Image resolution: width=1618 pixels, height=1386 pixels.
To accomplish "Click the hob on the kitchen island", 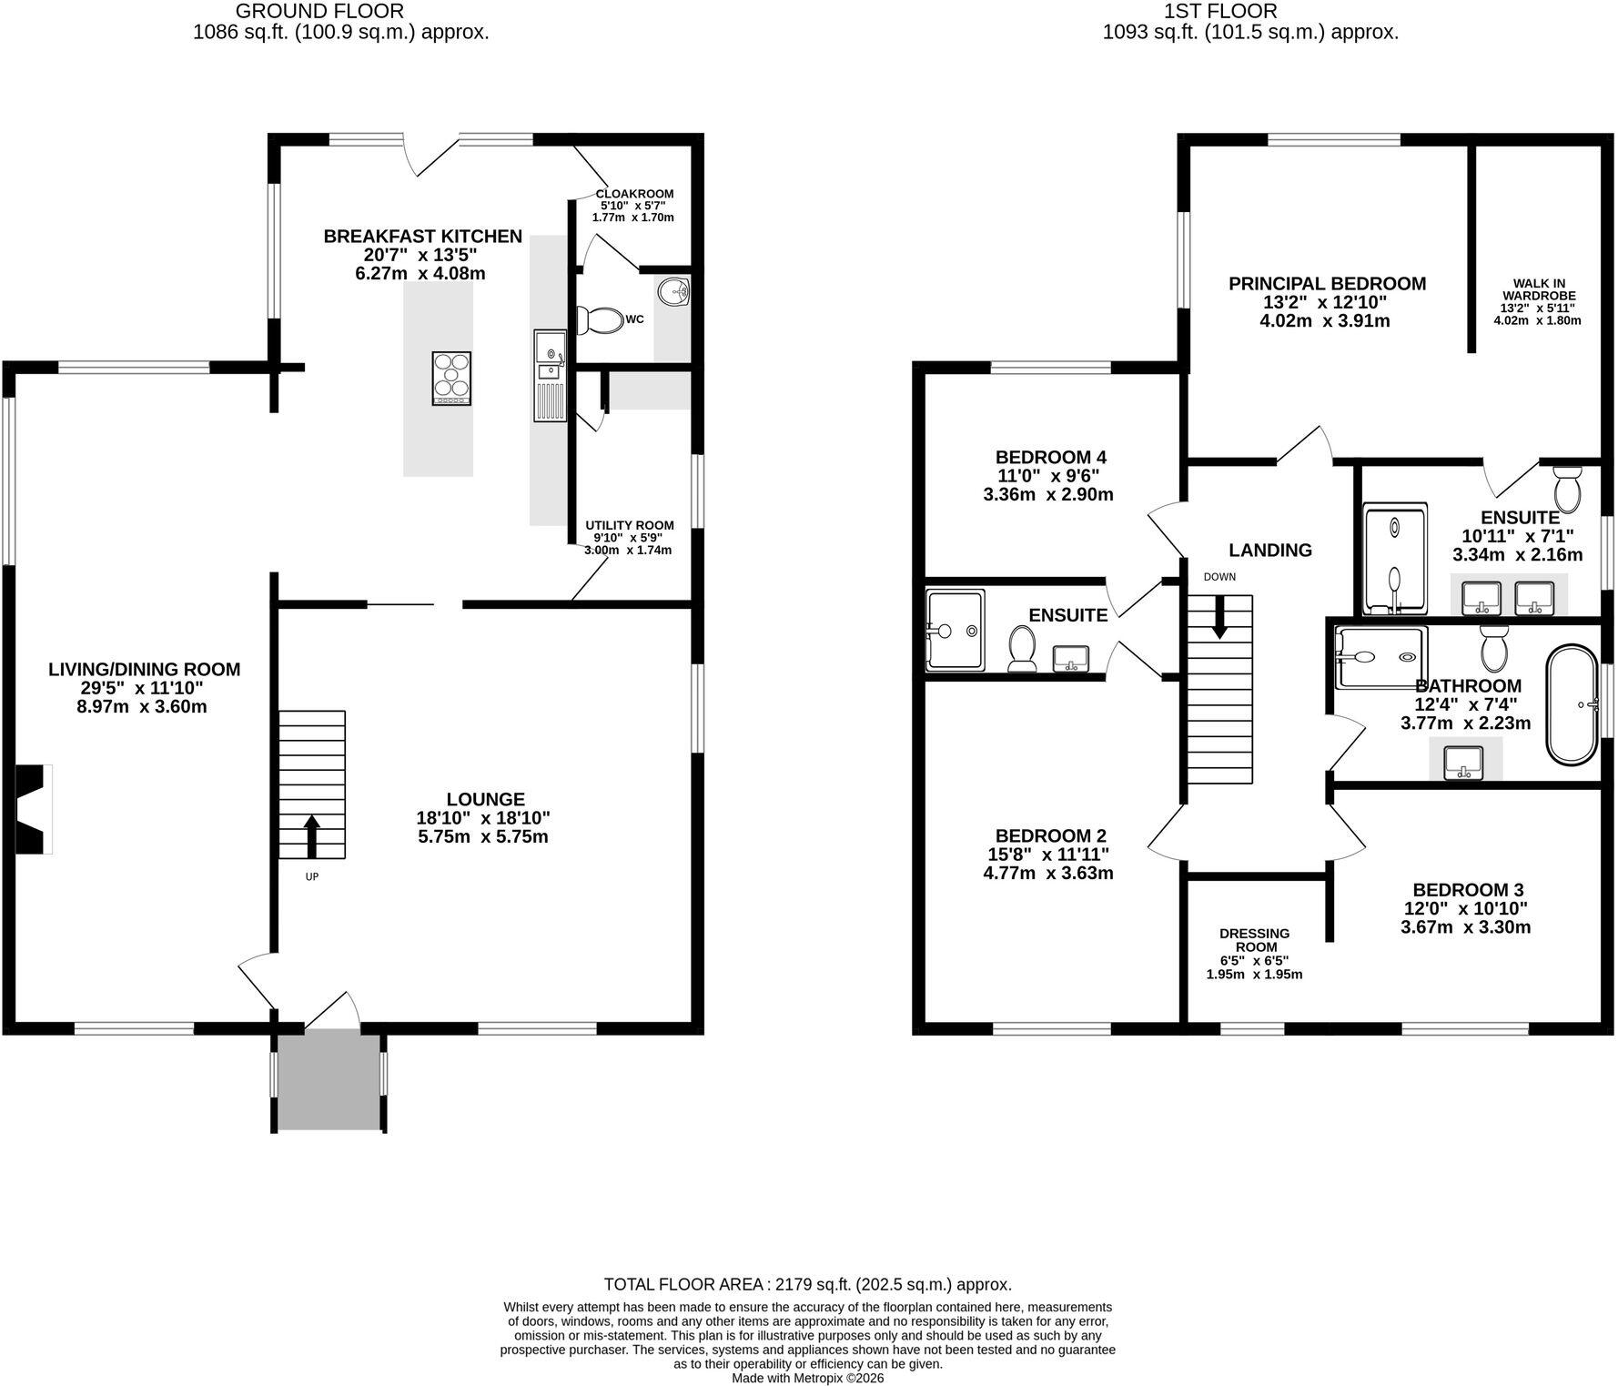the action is pyautogui.click(x=451, y=378).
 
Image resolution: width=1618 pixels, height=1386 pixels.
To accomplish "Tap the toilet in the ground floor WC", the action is pyautogui.click(x=596, y=320).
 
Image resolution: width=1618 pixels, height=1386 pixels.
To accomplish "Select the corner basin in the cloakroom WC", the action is pyautogui.click(x=673, y=291).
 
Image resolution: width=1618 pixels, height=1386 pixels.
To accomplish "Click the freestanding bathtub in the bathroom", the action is pyautogui.click(x=1572, y=704).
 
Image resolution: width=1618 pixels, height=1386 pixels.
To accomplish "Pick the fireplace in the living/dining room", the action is pyautogui.click(x=34, y=809).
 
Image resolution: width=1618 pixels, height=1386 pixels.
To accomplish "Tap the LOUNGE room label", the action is pyautogui.click(x=486, y=800).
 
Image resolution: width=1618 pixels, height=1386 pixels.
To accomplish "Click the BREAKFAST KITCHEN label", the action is pyautogui.click(x=423, y=237).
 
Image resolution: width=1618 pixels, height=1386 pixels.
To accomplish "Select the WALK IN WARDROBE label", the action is pyautogui.click(x=1539, y=289).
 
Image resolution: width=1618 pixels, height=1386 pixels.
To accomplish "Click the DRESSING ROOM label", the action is pyautogui.click(x=1255, y=940).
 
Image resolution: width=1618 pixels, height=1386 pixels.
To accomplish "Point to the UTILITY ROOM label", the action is pyautogui.click(x=630, y=525).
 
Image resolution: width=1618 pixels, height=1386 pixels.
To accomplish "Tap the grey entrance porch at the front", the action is pyautogui.click(x=329, y=1079).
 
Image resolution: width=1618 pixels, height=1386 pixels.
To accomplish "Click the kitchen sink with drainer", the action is pyautogui.click(x=550, y=376).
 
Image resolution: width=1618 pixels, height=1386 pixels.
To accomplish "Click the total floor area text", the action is pyautogui.click(x=808, y=1285).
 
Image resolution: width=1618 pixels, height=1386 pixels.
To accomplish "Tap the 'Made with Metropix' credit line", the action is pyautogui.click(x=808, y=1378).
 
